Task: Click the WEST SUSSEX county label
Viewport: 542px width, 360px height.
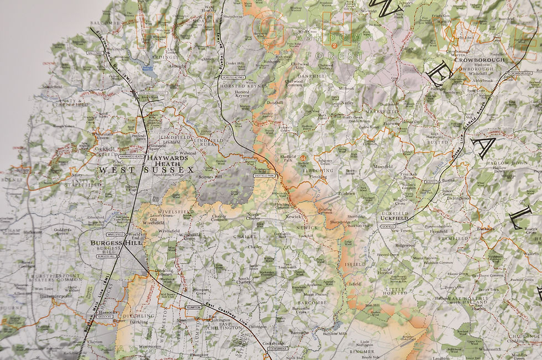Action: click(147, 170)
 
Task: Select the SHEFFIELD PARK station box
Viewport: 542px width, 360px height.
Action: click(264, 175)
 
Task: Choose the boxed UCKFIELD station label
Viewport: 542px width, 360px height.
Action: click(389, 226)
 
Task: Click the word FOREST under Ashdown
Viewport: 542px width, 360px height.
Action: click(340, 55)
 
